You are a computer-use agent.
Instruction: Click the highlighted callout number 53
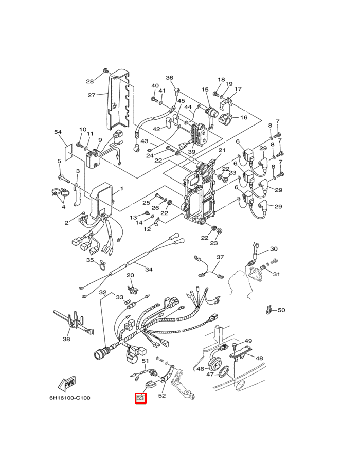[140, 398]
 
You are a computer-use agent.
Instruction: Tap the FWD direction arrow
[67, 384]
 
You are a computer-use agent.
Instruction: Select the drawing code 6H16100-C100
[70, 398]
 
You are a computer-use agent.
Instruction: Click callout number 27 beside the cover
[92, 95]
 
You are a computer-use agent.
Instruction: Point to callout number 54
[58, 132]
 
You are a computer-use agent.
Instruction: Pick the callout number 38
[66, 339]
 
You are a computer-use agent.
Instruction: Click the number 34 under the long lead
[149, 269]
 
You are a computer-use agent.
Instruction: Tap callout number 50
[281, 310]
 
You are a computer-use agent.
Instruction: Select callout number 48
[259, 358]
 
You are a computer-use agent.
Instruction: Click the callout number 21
[222, 150]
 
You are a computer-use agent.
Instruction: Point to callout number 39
[191, 152]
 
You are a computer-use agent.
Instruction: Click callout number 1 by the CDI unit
[121, 189]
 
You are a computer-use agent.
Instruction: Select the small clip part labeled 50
[268, 310]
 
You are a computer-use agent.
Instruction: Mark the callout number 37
[220, 257]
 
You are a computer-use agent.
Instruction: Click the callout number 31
[276, 274]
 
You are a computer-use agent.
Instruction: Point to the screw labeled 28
[105, 70]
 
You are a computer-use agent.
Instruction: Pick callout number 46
[200, 369]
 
